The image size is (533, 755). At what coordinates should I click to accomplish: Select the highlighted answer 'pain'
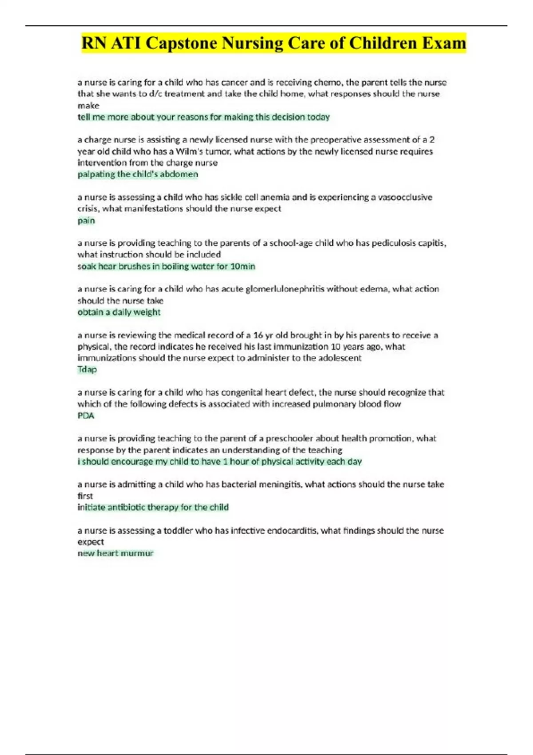click(x=86, y=220)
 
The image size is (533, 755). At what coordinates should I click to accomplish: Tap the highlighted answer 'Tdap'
click(x=87, y=369)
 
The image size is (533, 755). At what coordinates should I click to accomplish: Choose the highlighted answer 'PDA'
click(x=86, y=416)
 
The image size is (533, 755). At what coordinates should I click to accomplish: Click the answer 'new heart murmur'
click(x=115, y=553)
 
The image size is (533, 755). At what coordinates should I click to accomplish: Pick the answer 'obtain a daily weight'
click(x=119, y=312)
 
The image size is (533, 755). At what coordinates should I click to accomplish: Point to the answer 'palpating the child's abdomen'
click(x=138, y=174)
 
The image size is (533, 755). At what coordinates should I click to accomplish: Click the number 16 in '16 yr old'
click(x=258, y=335)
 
